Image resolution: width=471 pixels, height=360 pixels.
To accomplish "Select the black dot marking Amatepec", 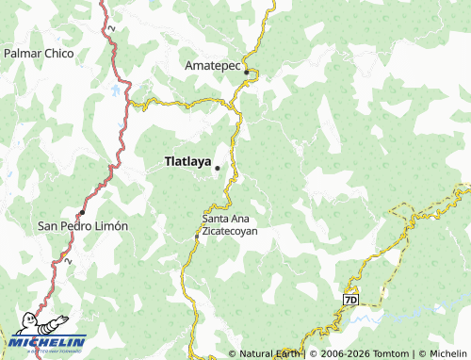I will point(247,72).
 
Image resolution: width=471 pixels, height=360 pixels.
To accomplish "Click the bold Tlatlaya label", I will point(187,161).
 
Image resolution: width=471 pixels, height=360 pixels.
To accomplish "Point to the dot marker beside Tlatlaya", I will point(218,169).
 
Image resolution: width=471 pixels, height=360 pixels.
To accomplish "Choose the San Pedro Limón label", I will point(82,226).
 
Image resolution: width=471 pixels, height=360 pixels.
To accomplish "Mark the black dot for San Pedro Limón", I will point(83,212).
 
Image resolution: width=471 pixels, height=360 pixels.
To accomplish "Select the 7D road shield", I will point(351,300).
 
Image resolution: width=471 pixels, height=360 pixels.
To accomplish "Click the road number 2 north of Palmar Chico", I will point(110,30).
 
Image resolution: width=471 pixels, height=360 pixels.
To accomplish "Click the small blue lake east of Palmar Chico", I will point(117,91).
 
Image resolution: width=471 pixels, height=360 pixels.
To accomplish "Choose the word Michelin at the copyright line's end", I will point(444,353).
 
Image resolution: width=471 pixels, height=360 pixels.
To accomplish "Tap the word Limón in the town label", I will point(110,226).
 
